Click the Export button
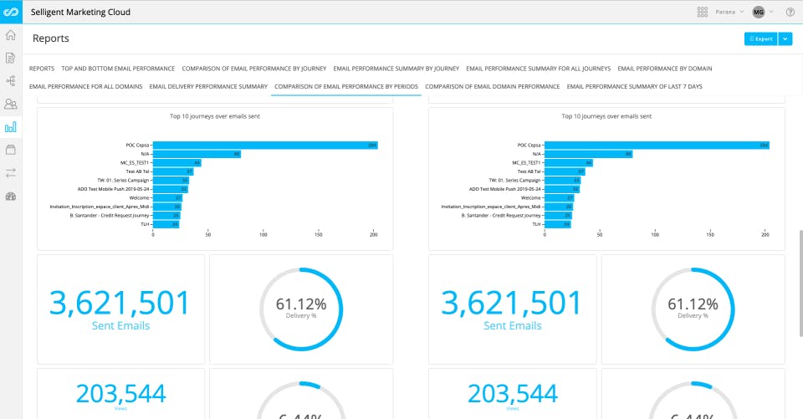[760, 38]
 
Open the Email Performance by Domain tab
[664, 68]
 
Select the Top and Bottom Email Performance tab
[118, 68]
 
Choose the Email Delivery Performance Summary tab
[208, 86]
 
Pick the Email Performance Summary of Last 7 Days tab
[634, 86]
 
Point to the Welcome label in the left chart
[138, 197]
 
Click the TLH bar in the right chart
[557, 224]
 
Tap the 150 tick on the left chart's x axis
[319, 235]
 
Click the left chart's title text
[214, 116]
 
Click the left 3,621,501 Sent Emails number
[120, 303]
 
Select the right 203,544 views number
[513, 393]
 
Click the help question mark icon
[790, 13]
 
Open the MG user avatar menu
[759, 13]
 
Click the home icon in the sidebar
[11, 35]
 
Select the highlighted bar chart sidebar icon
[11, 127]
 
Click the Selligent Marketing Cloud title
[80, 13]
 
